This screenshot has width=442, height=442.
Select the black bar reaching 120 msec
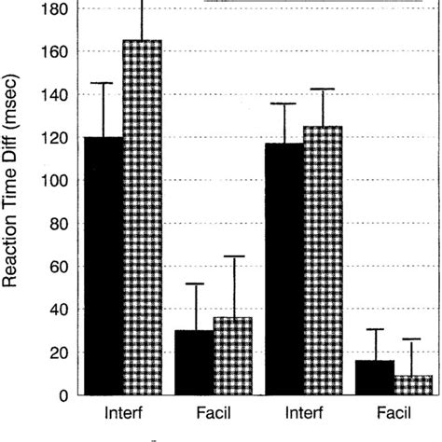point(103,266)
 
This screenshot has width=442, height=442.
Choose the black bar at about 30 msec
point(193,363)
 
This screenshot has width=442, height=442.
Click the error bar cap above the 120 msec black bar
point(103,84)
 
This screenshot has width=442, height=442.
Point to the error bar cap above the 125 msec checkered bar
point(323,90)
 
